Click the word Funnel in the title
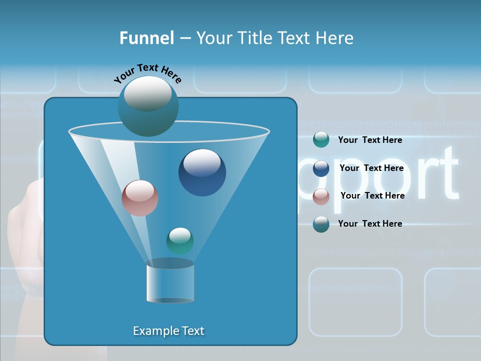point(146,38)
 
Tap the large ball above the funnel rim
point(148,106)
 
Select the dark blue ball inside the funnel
point(202,172)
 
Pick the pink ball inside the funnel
point(140,198)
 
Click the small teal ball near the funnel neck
point(180,241)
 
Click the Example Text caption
point(168,331)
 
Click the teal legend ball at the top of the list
point(321,140)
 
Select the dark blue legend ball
point(321,168)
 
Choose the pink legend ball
point(321,196)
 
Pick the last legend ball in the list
point(321,224)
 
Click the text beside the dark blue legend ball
point(371,168)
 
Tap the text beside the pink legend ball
point(372,196)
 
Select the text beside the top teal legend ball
point(370,140)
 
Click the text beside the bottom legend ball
point(370,224)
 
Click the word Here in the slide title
point(336,38)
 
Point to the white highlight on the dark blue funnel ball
point(202,162)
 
